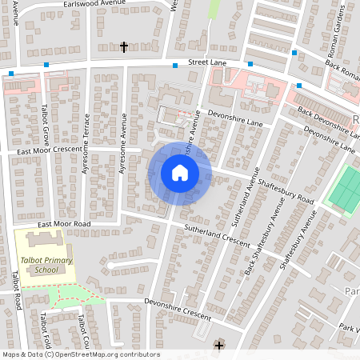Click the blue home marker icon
pos(180,172)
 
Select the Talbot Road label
pos(16,290)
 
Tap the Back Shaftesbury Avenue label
pos(265,232)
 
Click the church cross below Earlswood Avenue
pos(123,47)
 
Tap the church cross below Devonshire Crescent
pos(218,345)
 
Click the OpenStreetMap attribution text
pos(80,354)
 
